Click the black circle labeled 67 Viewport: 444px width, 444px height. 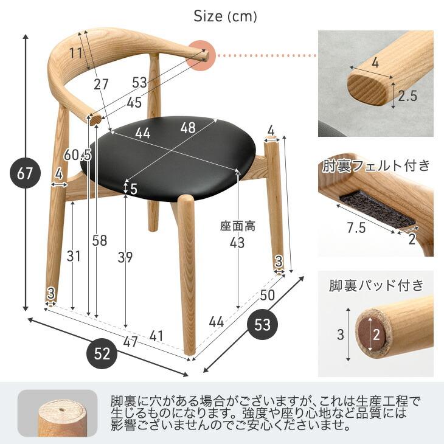coord(25,174)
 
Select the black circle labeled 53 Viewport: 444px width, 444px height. coord(263,325)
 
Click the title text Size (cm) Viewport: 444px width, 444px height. coord(225,16)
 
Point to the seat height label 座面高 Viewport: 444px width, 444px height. coord(237,226)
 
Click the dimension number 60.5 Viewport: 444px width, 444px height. coord(78,156)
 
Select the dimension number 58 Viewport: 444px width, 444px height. coord(99,241)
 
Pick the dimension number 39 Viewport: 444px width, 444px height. coord(125,257)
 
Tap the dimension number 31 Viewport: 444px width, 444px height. coord(74,256)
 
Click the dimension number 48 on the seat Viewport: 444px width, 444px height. coord(188,128)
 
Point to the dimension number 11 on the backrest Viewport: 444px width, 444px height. coord(75,52)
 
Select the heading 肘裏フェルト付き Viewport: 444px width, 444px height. coord(375,165)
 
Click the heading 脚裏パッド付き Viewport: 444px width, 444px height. coord(375,285)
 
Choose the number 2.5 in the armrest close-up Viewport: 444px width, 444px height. coord(408,96)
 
